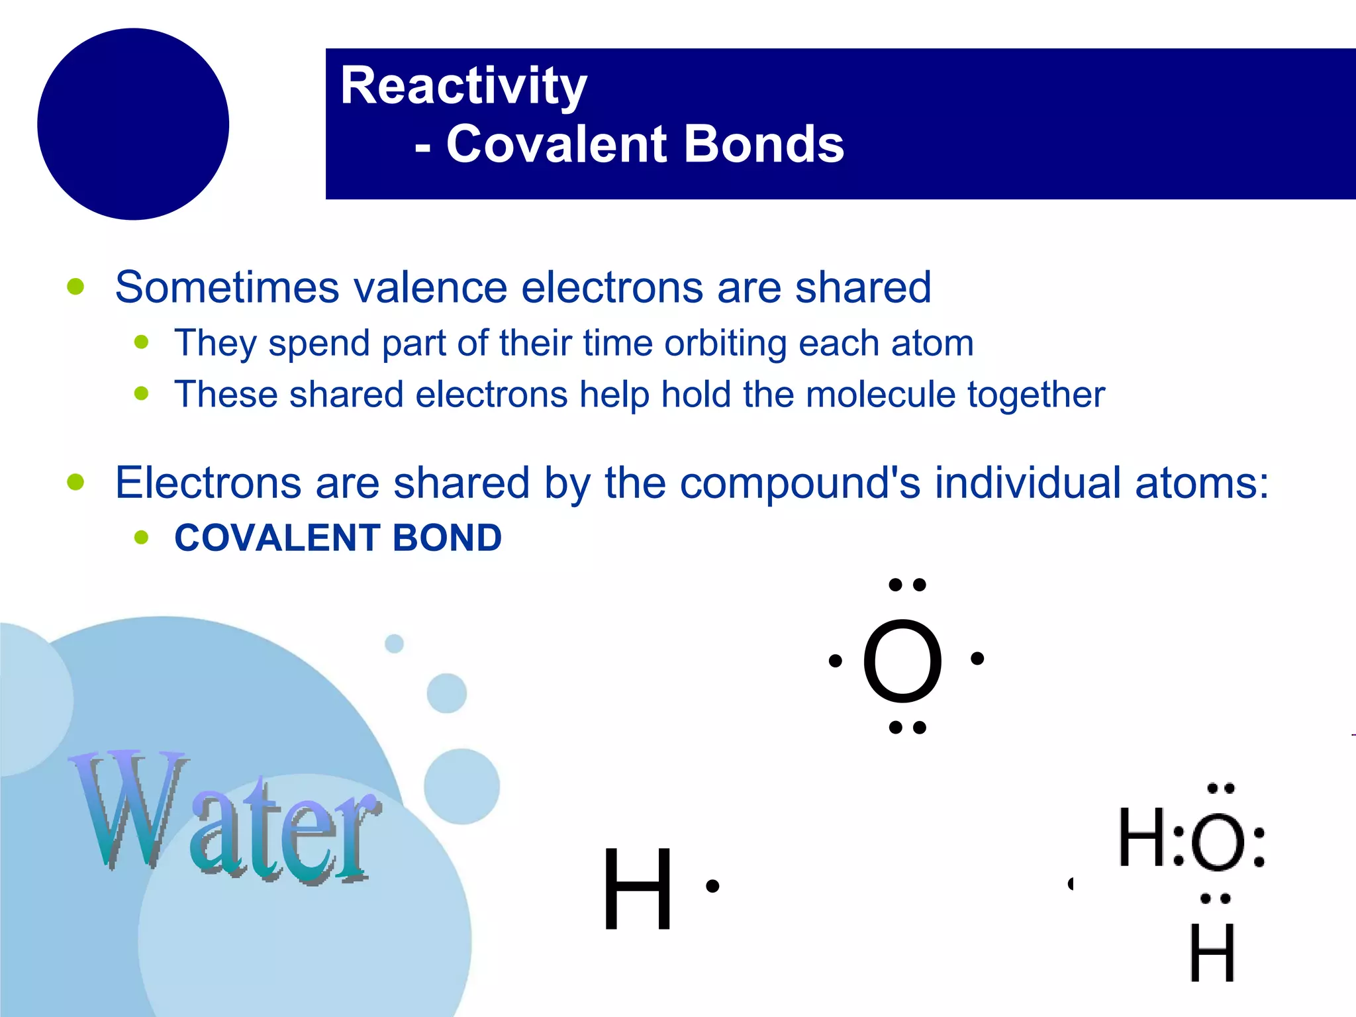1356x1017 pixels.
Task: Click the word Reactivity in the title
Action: click(x=463, y=87)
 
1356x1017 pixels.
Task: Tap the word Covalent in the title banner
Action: click(x=556, y=144)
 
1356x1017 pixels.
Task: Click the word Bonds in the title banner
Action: click(x=764, y=144)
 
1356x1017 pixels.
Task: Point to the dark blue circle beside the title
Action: click(x=133, y=124)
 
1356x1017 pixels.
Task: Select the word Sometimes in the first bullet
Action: click(x=227, y=287)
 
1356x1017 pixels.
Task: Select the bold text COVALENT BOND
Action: click(x=338, y=538)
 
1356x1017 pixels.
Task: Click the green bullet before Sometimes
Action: click(x=76, y=287)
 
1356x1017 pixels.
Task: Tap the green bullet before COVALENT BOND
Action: click(x=141, y=537)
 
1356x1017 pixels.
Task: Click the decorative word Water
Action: click(x=225, y=818)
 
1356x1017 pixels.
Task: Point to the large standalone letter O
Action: click(x=902, y=661)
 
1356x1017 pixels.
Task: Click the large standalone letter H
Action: click(x=638, y=889)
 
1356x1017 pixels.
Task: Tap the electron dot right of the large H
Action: click(x=712, y=886)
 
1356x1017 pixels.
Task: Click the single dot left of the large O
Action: click(x=835, y=660)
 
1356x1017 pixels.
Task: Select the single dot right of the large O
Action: click(x=977, y=658)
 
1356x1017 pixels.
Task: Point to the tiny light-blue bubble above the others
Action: click(x=394, y=643)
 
